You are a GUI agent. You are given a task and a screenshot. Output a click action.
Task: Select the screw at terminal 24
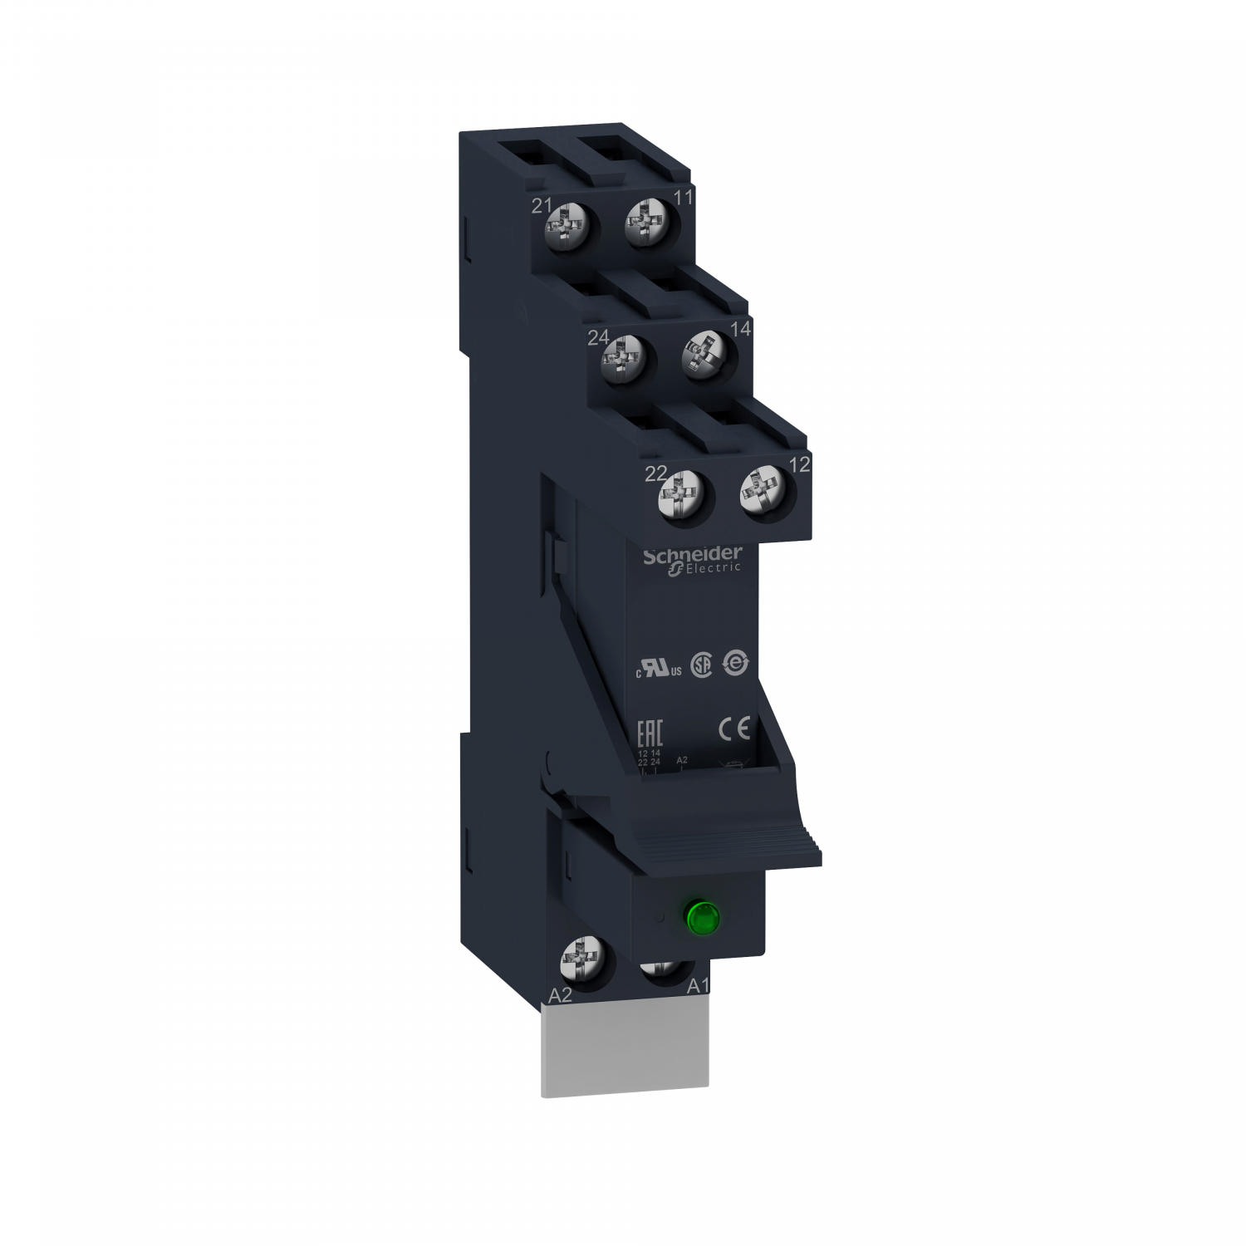point(622,359)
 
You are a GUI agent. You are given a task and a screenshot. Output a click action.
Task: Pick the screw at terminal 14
point(704,357)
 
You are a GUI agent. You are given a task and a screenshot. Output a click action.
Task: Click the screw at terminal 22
point(680,498)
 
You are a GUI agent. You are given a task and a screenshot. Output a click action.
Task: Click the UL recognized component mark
point(659,670)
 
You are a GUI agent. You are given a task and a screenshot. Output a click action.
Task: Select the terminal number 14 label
point(740,329)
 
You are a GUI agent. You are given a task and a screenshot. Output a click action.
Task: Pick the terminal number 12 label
point(799,465)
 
